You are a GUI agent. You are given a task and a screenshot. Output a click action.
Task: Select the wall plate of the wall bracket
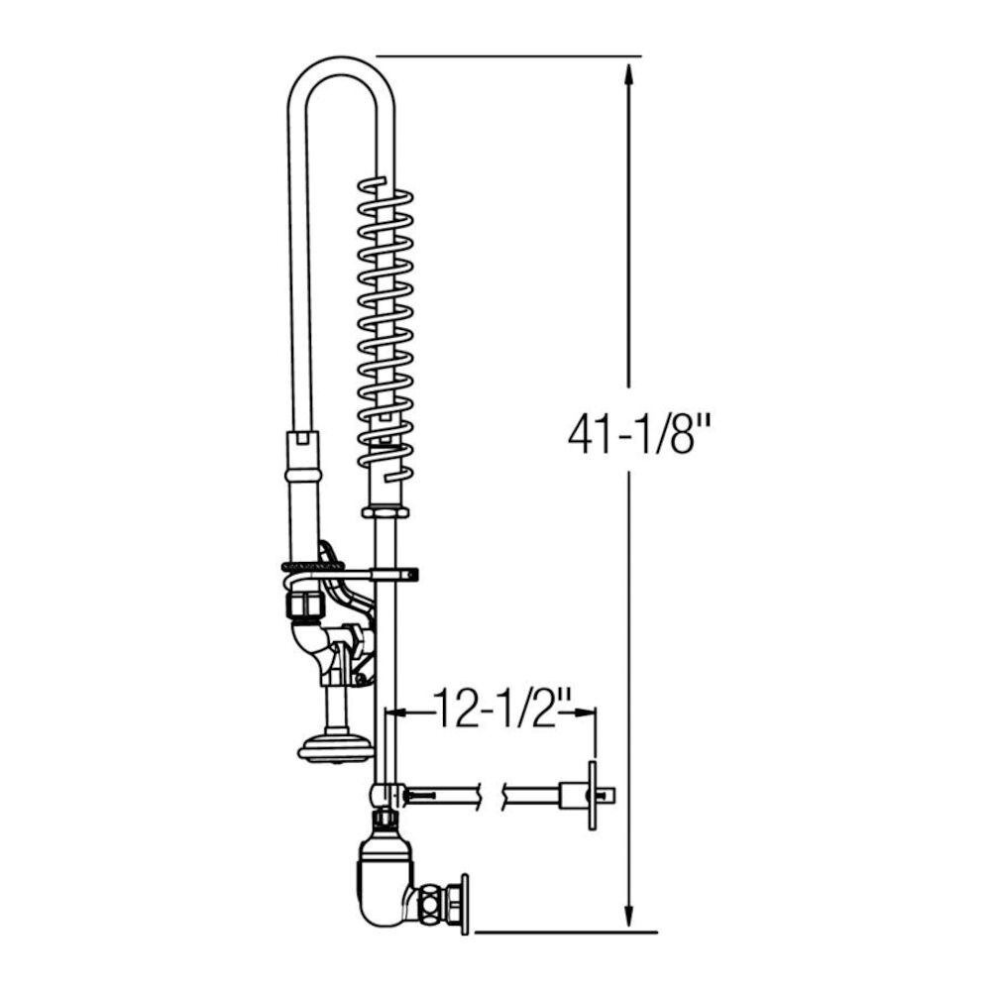[x=592, y=795]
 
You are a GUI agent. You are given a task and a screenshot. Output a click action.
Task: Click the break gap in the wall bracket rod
[x=493, y=792]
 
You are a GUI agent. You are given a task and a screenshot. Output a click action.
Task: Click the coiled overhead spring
[x=385, y=317]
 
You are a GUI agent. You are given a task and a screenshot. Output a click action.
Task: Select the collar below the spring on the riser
[x=385, y=510]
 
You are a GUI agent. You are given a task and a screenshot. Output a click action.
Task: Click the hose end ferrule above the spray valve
[x=303, y=456]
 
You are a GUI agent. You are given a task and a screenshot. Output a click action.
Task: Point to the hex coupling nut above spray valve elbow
[x=303, y=603]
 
